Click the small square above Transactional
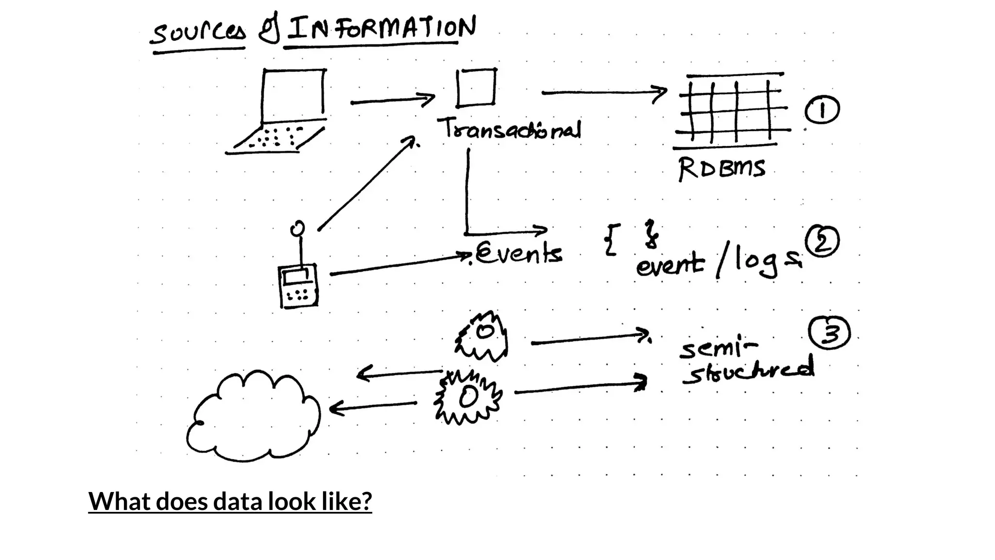coord(476,87)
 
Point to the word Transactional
coord(510,129)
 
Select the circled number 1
coord(822,110)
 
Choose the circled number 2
coord(822,242)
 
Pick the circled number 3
coord(829,333)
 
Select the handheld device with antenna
coord(298,277)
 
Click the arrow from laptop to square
coord(393,101)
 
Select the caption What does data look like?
coord(230,501)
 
